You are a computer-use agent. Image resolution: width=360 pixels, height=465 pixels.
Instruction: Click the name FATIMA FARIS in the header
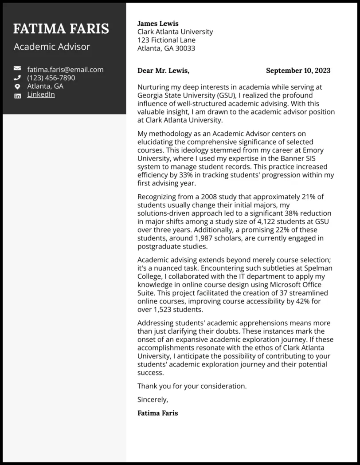(61, 29)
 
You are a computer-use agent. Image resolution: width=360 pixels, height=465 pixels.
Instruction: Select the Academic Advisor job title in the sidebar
(52, 47)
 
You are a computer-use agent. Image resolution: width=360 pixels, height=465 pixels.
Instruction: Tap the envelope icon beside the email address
(17, 69)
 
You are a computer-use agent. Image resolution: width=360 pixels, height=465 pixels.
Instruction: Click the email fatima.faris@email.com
(65, 69)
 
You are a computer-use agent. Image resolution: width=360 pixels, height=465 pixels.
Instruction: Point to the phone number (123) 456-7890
(51, 78)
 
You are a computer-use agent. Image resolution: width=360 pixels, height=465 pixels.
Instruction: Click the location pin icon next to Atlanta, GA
(17, 87)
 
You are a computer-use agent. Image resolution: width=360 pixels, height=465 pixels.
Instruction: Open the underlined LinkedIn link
(41, 95)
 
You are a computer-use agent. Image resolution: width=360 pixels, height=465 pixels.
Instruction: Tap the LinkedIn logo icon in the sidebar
(17, 95)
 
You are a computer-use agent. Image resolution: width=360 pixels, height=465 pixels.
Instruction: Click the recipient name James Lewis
(158, 24)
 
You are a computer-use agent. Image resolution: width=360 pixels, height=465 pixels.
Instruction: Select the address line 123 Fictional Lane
(166, 40)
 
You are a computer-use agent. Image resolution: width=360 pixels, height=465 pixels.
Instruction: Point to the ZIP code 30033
(185, 48)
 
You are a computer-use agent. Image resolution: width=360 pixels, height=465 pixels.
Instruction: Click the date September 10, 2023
(298, 71)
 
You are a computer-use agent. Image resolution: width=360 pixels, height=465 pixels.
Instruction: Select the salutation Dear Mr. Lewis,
(163, 71)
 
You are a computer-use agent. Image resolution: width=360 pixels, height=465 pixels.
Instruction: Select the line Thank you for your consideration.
(192, 386)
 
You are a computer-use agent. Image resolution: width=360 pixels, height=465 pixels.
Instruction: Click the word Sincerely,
(153, 399)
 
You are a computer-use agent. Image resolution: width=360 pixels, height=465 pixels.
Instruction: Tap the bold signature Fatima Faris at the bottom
(157, 413)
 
